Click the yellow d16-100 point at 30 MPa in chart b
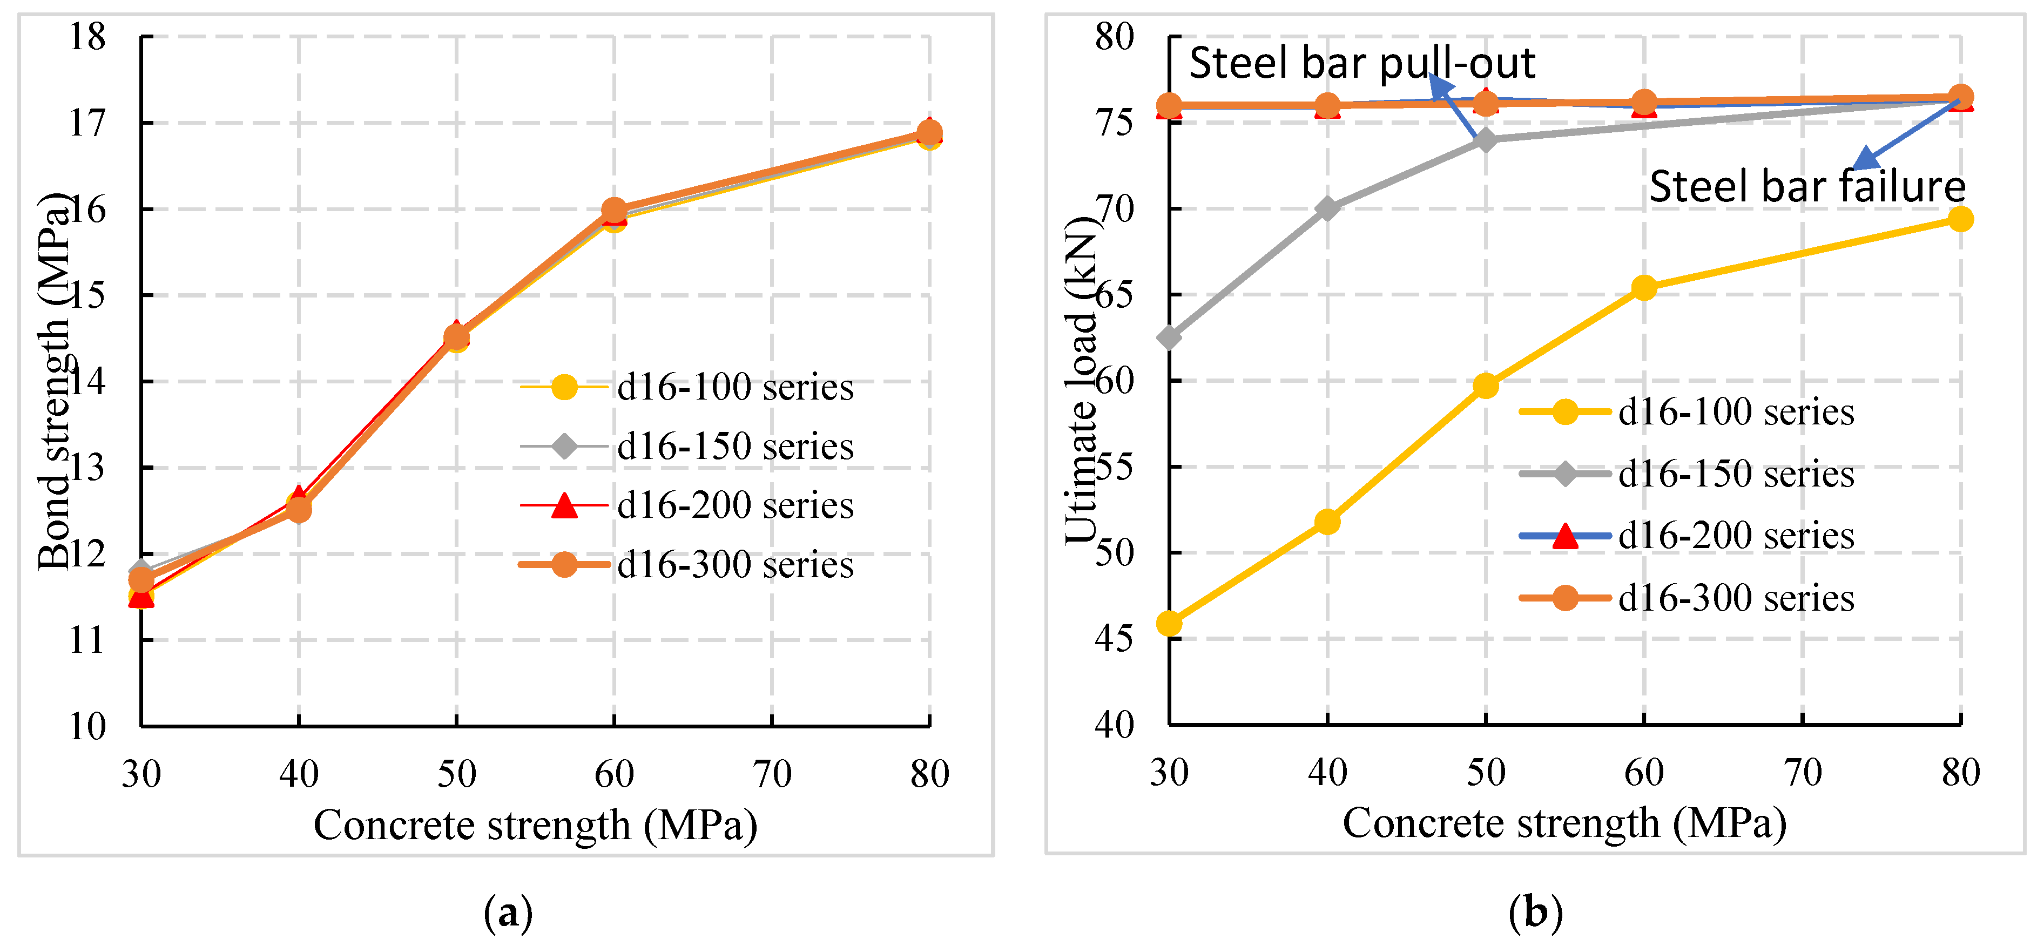(1169, 624)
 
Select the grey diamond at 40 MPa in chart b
(1327, 209)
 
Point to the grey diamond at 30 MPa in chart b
(1169, 337)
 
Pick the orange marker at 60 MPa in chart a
(613, 210)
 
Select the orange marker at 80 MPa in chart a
(929, 132)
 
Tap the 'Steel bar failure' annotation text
(1807, 187)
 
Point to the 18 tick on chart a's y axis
(87, 37)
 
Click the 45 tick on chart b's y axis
(1114, 639)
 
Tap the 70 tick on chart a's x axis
(771, 774)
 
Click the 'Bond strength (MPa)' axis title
(54, 381)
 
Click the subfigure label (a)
(508, 913)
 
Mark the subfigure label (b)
(1535, 913)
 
